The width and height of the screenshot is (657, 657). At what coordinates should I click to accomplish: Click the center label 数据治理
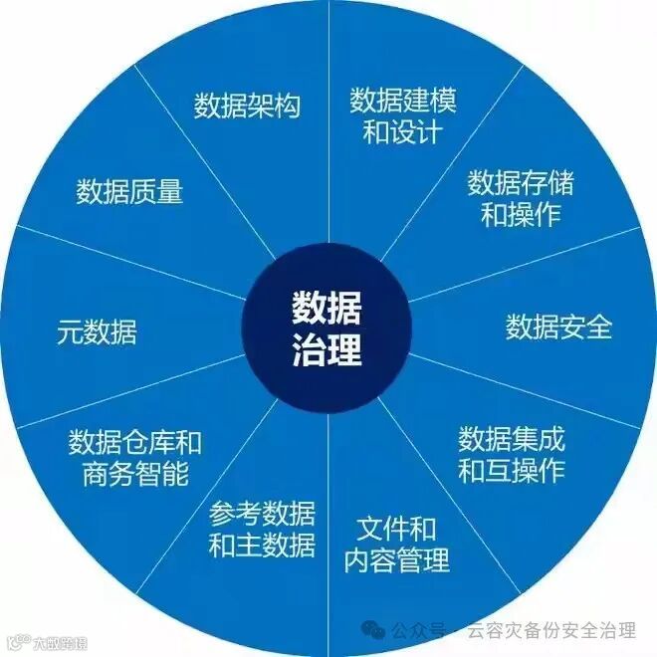328,328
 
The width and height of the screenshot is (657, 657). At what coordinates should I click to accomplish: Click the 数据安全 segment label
558,327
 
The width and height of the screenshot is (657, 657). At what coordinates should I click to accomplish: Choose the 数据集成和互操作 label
511,454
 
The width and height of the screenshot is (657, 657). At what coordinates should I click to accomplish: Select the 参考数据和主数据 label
262,530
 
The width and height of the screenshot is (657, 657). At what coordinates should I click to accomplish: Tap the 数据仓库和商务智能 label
135,458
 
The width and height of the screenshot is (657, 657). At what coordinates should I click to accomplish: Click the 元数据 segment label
97,332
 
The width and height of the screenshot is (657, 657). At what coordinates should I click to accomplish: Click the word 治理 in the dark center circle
328,350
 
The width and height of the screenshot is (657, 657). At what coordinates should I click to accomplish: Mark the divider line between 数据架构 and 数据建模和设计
328,129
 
